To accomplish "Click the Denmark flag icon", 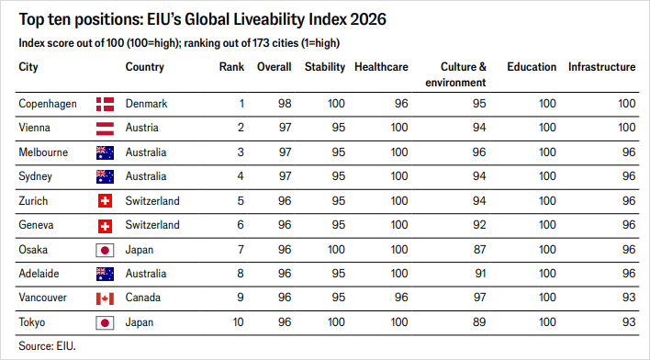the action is point(105,104).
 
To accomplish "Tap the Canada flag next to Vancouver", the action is point(105,298).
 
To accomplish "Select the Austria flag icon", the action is point(105,129).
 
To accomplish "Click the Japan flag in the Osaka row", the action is point(105,250).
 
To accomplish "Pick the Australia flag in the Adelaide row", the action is point(105,275).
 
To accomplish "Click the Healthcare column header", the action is point(381,67).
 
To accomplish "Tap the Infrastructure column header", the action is point(601,67).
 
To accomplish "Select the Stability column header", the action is point(325,67).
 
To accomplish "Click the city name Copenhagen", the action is point(48,104).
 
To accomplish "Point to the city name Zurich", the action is point(33,201).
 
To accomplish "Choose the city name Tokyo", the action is point(32,322).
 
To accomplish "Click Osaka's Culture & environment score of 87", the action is point(479,250).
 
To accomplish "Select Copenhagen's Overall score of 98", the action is point(285,104).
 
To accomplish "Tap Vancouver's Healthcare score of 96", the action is point(401,298).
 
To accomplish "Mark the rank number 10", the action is point(238,322).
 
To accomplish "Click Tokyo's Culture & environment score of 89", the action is point(479,322).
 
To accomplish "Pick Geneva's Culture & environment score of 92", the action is point(479,225).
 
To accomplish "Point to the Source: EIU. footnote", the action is point(47,346).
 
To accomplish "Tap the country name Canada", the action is point(143,298).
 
